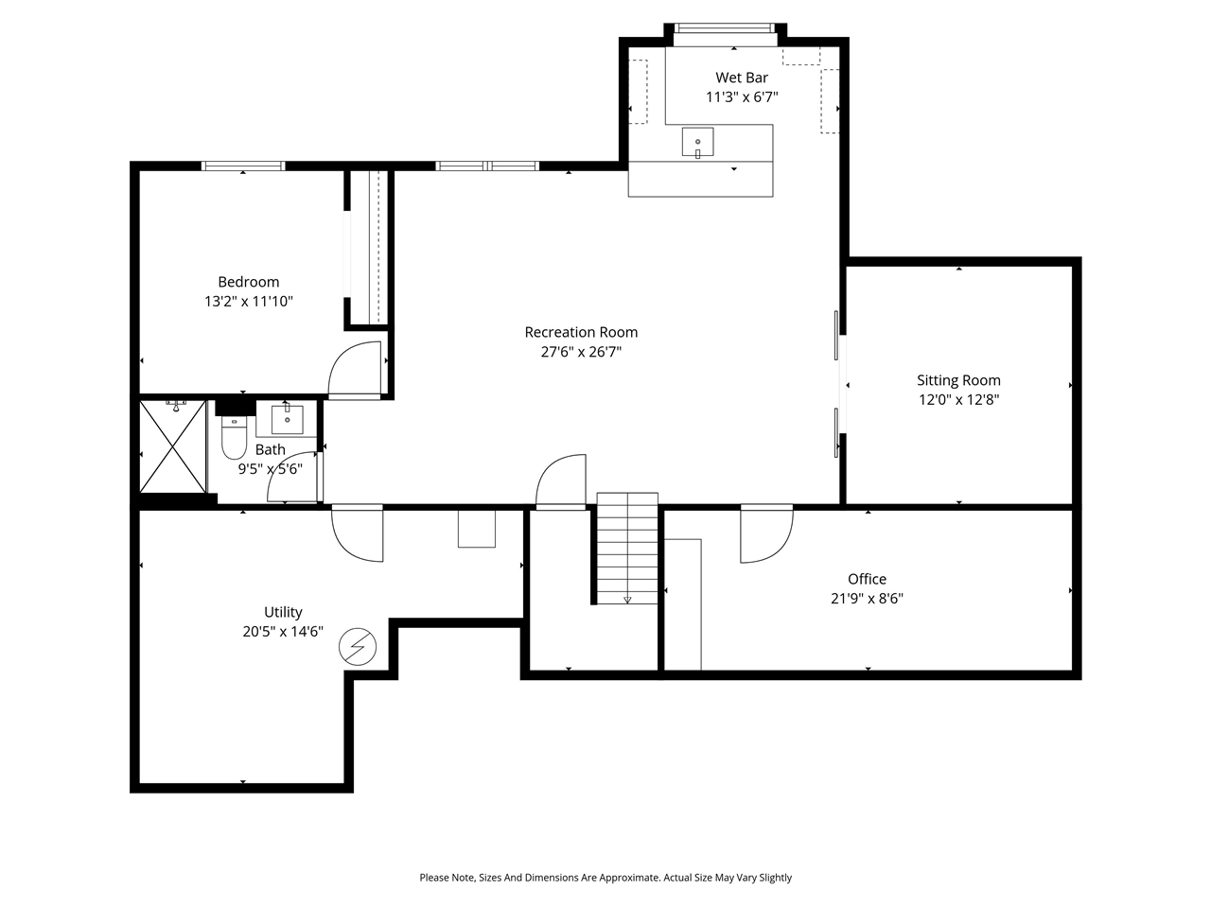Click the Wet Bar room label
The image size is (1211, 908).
[741, 78]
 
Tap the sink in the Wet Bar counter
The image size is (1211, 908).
[697, 143]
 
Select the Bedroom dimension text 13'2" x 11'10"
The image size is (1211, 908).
[248, 302]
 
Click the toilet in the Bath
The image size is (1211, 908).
[233, 439]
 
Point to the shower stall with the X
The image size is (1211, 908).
[172, 446]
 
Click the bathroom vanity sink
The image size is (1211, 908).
[287, 418]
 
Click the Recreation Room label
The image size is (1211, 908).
[581, 332]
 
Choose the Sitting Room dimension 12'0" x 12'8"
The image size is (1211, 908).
[958, 399]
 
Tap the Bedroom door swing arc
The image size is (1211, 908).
[354, 369]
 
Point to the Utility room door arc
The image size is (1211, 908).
[358, 535]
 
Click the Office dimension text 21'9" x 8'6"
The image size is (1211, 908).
[867, 598]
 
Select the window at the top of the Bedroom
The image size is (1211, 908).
[243, 166]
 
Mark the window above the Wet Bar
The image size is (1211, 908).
[724, 27]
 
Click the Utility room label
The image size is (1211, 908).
[283, 612]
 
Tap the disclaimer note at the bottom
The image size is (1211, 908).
[605, 878]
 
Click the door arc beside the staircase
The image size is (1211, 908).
[561, 482]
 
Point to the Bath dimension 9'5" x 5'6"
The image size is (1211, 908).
[270, 468]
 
